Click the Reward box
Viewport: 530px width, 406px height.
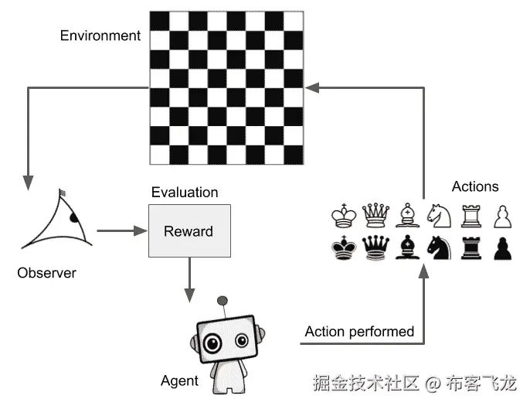point(189,230)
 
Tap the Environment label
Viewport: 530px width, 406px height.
point(100,36)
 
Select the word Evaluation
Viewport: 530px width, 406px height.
point(185,193)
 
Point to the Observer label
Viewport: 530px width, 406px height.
point(47,273)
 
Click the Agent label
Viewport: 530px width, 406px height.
point(179,380)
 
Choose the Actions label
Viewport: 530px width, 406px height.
point(474,186)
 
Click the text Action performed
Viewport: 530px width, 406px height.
point(359,332)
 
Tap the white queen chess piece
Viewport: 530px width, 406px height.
point(375,214)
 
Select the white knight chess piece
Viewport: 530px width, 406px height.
point(439,214)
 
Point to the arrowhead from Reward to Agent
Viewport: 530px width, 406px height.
point(189,295)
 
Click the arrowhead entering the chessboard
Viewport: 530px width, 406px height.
point(312,88)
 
